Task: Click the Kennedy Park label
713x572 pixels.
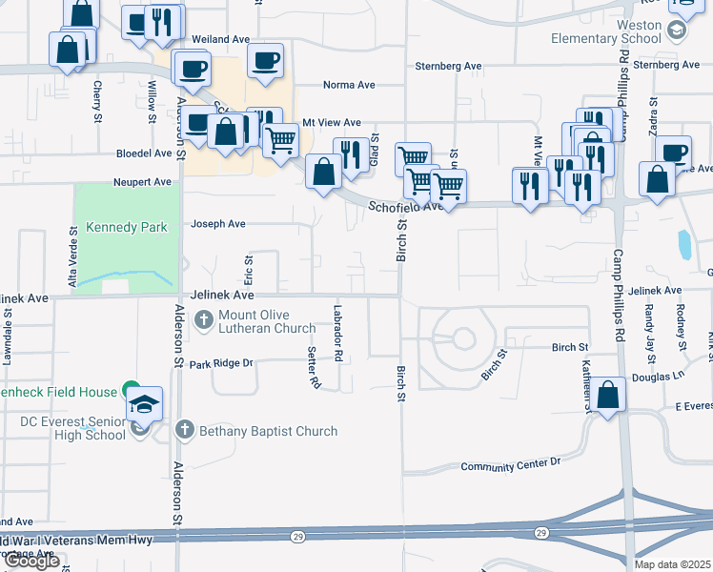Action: coord(127,227)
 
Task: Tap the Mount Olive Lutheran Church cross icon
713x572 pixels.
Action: coord(204,319)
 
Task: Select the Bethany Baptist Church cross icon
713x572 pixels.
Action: coord(185,431)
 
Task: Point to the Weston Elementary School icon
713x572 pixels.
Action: coord(676,30)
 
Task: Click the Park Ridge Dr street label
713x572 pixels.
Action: coord(220,363)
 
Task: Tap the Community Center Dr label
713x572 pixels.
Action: coord(510,465)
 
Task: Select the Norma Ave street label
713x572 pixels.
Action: coord(349,84)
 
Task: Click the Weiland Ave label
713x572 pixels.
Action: coord(220,39)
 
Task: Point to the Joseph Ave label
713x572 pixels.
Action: coord(218,224)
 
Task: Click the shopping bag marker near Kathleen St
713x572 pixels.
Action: coord(607,395)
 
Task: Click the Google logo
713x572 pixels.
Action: coord(32,561)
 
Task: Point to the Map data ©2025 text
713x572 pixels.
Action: coord(672,564)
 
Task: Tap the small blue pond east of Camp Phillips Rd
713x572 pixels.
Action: coord(684,245)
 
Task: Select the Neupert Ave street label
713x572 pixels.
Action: coord(143,181)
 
